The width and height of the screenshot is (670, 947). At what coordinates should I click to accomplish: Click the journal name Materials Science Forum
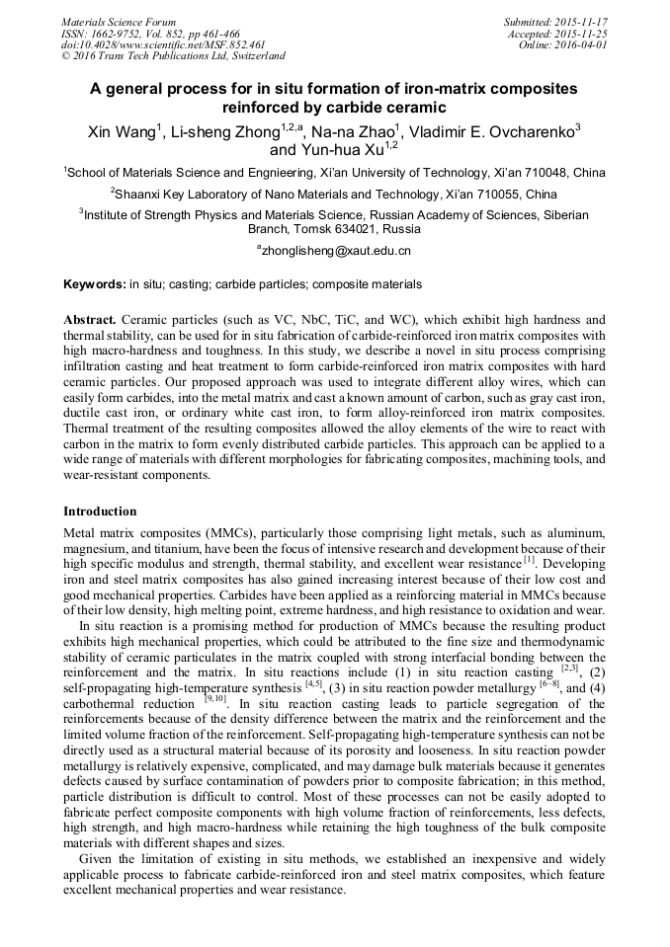tap(119, 22)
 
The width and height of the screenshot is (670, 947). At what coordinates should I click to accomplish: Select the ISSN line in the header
tap(149, 34)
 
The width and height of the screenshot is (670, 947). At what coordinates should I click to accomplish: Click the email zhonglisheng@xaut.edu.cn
tap(335, 251)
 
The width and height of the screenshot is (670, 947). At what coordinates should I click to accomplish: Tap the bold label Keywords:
tap(95, 284)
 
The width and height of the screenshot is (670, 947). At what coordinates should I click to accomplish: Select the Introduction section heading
tap(100, 512)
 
